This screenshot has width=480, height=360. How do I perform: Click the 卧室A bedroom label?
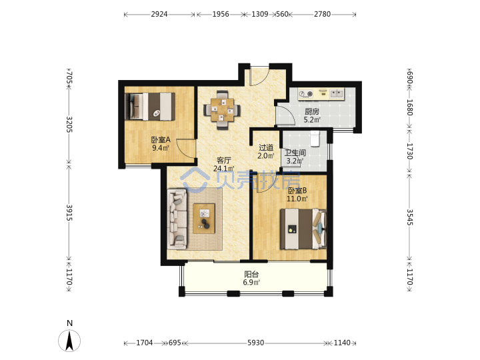point(161,140)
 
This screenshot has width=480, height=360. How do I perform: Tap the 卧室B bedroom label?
point(297,191)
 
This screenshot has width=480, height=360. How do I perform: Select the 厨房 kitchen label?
point(311,112)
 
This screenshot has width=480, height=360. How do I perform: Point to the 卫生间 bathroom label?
point(295,153)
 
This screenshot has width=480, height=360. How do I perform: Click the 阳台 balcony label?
point(251,274)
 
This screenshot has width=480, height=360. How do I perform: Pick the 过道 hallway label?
point(266,148)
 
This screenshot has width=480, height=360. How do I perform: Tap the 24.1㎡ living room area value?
point(224,169)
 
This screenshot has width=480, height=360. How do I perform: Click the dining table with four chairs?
point(222,110)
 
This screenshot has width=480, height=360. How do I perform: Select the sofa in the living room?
point(177,219)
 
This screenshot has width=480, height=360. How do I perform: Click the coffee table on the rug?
point(204,219)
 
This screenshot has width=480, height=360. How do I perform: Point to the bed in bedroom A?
point(150,106)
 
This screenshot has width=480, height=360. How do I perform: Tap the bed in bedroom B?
point(303,229)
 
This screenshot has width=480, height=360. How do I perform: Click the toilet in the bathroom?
point(315,139)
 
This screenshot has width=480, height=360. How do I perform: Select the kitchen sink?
point(337,94)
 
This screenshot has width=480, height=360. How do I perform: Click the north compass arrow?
point(69,341)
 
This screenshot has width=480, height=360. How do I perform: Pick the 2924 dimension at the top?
point(159,14)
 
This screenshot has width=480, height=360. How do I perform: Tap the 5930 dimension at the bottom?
point(255,343)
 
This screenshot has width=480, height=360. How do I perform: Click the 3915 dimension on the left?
point(69,213)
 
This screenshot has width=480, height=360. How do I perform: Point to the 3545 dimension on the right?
point(409,217)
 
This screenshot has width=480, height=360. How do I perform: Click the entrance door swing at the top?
point(259,75)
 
